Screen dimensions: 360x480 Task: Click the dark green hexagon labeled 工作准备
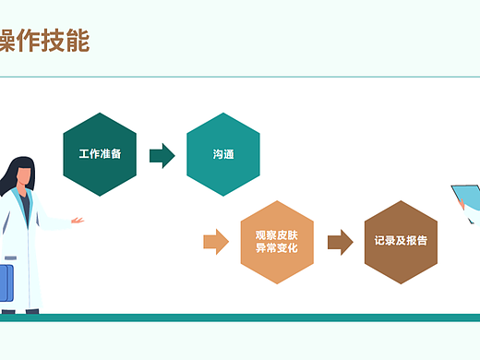[x=100, y=154]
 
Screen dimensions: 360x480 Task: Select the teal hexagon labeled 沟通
[x=222, y=154]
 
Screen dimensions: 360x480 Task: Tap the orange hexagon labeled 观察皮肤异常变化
[x=277, y=242]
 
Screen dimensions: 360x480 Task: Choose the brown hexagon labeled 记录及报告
[x=401, y=242]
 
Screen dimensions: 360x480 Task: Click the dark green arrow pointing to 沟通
[x=162, y=154]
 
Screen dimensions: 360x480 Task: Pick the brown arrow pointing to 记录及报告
[x=340, y=242]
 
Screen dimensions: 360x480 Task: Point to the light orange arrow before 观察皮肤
[x=216, y=242]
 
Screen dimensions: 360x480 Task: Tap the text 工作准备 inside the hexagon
[x=100, y=154]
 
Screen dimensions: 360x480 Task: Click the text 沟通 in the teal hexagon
[x=222, y=154]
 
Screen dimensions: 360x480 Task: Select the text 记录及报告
[x=401, y=242]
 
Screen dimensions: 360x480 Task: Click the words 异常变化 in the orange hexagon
[x=277, y=249]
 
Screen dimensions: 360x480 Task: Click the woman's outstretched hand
[x=78, y=220]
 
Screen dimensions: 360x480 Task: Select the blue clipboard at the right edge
[x=466, y=198]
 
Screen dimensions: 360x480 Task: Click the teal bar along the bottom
[x=240, y=318]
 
